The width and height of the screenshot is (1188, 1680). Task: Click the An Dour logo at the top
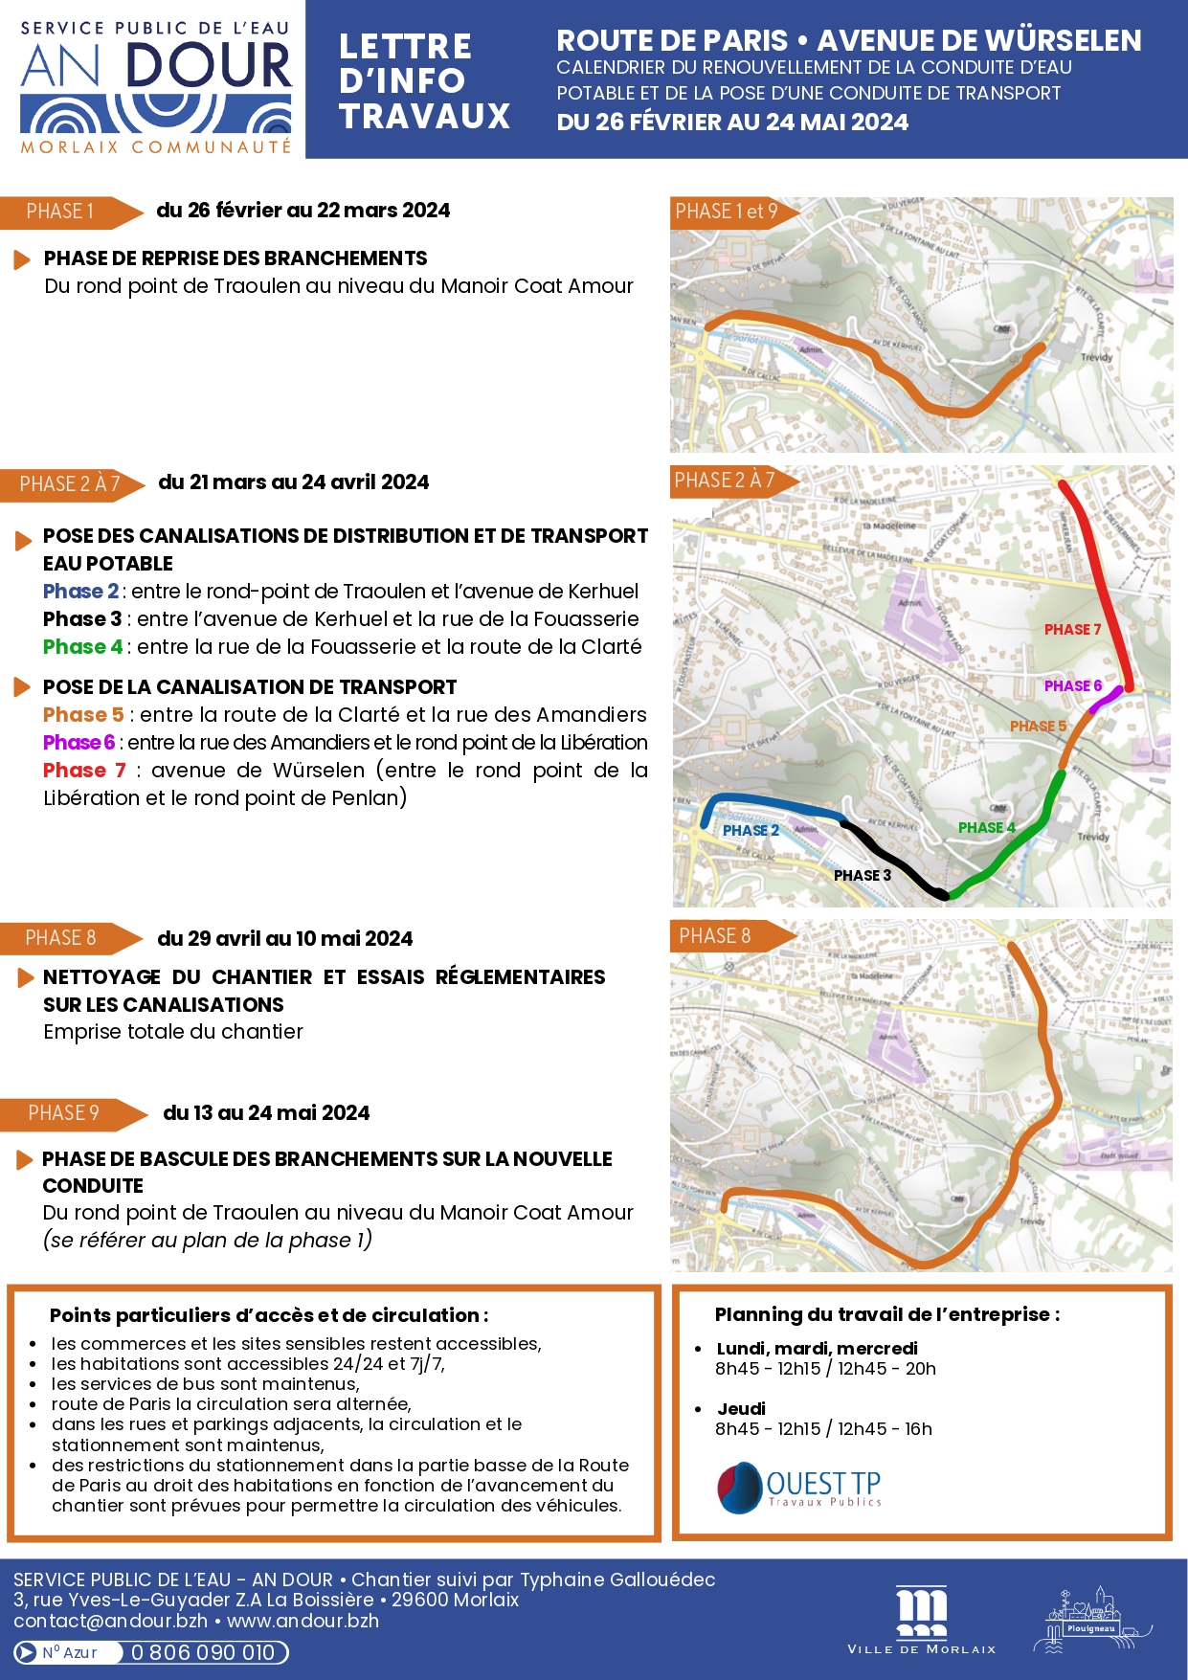pyautogui.click(x=155, y=86)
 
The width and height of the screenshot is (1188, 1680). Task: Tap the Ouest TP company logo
pyautogui.click(x=799, y=1488)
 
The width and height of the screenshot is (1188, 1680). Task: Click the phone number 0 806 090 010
pyautogui.click(x=203, y=1652)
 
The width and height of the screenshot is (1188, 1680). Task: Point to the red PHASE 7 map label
pyautogui.click(x=1072, y=630)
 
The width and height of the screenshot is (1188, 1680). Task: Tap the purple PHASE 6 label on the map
pyautogui.click(x=1072, y=685)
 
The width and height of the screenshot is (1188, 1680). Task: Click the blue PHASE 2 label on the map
pyautogui.click(x=751, y=830)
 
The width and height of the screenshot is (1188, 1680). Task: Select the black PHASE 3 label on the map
pyautogui.click(x=862, y=875)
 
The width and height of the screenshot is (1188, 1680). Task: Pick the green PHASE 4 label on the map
pyautogui.click(x=986, y=827)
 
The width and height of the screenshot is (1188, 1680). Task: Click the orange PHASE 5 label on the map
pyautogui.click(x=1038, y=727)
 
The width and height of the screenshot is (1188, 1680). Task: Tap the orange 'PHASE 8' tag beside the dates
pyautogui.click(x=61, y=938)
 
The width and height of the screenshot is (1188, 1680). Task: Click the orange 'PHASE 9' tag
pyautogui.click(x=64, y=1113)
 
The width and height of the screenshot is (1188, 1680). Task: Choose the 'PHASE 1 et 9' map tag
pyautogui.click(x=727, y=212)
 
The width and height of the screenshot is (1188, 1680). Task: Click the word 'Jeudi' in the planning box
pyautogui.click(x=742, y=1408)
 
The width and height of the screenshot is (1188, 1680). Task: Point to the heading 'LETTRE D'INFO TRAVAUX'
pyautogui.click(x=424, y=81)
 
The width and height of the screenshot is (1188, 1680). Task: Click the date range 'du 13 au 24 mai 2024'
pyautogui.click(x=266, y=1112)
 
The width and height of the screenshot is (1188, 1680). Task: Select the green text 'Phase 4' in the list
pyautogui.click(x=82, y=647)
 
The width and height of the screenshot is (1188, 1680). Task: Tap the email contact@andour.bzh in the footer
pyautogui.click(x=110, y=1621)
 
